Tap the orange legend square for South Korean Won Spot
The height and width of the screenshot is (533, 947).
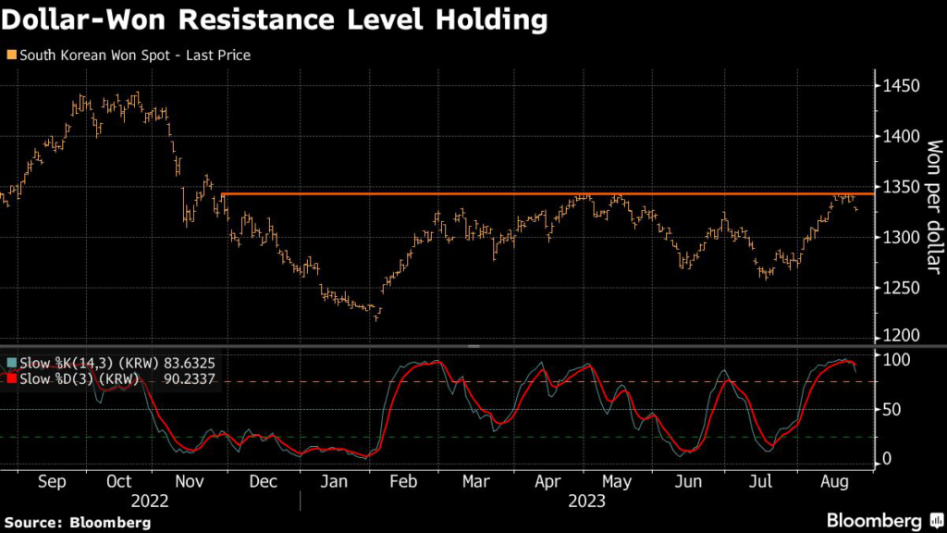tap(10, 56)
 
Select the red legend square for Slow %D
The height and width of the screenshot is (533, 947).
tap(10, 378)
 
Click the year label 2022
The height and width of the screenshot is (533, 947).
tap(151, 501)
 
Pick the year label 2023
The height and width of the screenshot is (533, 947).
tap(586, 501)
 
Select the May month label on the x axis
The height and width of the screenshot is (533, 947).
tap(616, 481)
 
